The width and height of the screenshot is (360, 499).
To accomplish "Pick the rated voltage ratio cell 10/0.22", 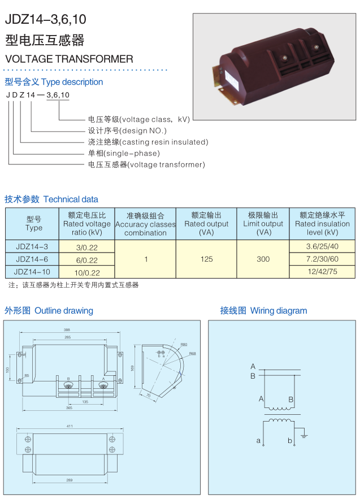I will [87, 272].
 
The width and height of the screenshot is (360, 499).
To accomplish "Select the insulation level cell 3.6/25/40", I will [322, 246].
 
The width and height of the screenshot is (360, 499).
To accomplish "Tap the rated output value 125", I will [207, 259].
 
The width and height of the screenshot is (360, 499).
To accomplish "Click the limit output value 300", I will [263, 259].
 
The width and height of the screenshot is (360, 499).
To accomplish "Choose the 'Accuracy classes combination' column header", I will [145, 224].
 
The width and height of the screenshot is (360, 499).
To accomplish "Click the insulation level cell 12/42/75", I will [322, 272].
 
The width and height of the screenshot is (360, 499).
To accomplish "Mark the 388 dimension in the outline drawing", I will [67, 329].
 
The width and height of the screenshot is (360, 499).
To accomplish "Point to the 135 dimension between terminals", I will [85, 402].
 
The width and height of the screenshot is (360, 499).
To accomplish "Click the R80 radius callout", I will [184, 344].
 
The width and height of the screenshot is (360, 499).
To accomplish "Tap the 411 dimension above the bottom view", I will [70, 426].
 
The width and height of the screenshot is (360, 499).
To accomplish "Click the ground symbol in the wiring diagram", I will [303, 436].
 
